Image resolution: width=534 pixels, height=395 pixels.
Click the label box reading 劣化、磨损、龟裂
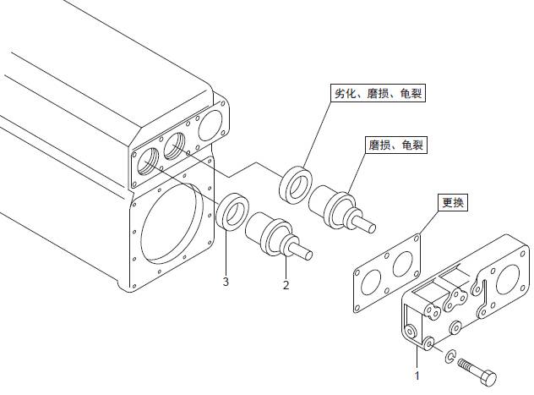375,94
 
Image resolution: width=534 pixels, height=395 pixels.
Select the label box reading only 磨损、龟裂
395,145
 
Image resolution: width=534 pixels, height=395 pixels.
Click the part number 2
286,285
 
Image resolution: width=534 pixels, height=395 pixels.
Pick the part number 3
226,281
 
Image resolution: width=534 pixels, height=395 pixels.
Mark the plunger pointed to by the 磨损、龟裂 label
339,208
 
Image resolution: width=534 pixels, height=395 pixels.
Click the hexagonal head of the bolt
488,377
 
